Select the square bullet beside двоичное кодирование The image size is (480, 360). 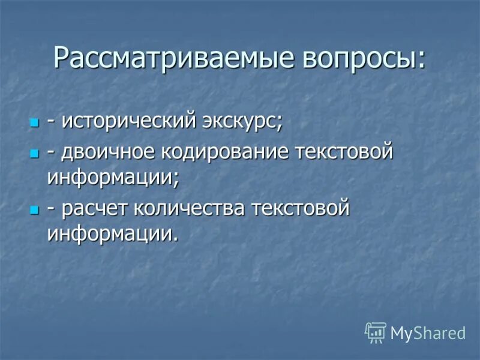(34, 155)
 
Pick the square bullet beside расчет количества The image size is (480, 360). (34, 210)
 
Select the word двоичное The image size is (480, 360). (107, 153)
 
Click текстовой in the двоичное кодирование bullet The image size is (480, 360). (344, 152)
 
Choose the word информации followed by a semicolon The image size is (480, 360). (112, 177)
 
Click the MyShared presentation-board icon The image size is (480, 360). (376, 332)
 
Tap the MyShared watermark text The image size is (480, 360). (428, 333)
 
